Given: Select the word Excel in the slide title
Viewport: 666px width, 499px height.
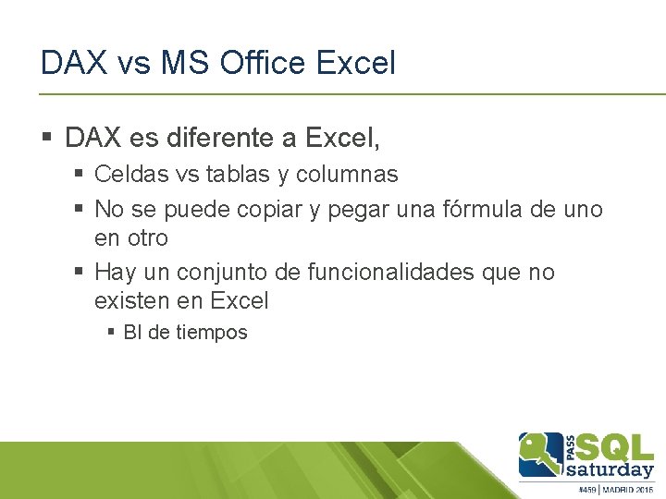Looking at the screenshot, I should pos(356,63).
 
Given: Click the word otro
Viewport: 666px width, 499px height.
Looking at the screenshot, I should pos(149,237).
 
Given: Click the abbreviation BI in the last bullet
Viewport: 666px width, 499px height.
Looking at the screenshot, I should pos(132,333).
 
